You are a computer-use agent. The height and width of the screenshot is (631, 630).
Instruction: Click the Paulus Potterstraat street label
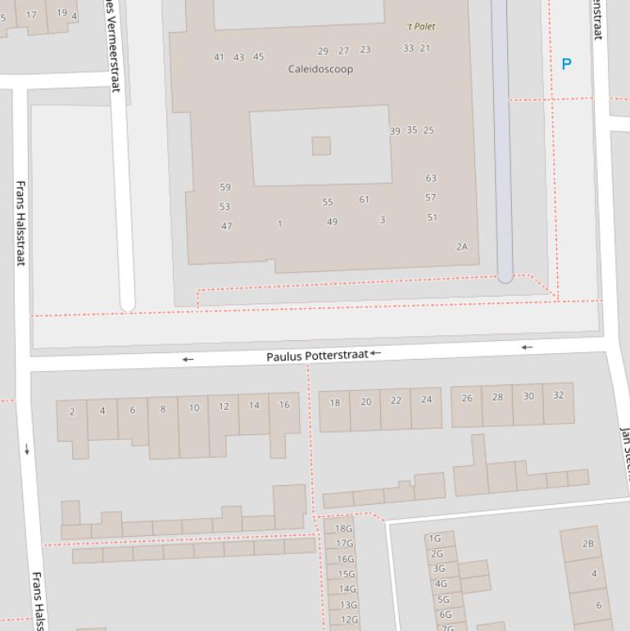[x=317, y=356]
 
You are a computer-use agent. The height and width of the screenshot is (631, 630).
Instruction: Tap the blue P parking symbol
[x=566, y=64]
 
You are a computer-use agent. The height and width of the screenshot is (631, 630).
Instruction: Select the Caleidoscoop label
[x=321, y=69]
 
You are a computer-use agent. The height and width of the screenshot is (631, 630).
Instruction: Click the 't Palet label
[x=420, y=26]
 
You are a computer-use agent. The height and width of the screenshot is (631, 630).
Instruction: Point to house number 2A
[x=462, y=247]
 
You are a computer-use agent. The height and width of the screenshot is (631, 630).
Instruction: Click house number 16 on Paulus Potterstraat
[x=284, y=405]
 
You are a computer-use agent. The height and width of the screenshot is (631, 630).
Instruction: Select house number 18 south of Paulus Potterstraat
[x=334, y=402]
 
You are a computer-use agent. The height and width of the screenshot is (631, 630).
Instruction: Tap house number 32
[x=559, y=395]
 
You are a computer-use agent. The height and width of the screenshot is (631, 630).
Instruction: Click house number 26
[x=467, y=398]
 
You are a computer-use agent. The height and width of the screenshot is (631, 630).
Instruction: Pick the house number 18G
[x=344, y=529]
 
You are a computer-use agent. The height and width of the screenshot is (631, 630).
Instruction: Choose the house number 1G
[x=435, y=538]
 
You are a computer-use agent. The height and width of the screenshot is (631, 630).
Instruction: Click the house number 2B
[x=588, y=543]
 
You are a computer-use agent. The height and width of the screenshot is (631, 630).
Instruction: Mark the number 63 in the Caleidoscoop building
[x=431, y=178]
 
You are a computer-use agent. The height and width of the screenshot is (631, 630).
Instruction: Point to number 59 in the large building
[x=225, y=188]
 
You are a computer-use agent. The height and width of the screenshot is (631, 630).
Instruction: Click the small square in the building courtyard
[x=321, y=146]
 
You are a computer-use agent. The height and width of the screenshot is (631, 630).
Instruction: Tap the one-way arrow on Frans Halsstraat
[x=27, y=449]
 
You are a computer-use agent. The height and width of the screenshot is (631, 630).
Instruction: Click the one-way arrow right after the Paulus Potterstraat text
[x=375, y=353]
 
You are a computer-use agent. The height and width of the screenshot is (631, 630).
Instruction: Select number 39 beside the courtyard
[x=395, y=131]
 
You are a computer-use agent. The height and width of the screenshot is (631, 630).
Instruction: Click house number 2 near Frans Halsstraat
[x=72, y=411]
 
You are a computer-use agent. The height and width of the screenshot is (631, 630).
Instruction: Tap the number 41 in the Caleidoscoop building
[x=219, y=57]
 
